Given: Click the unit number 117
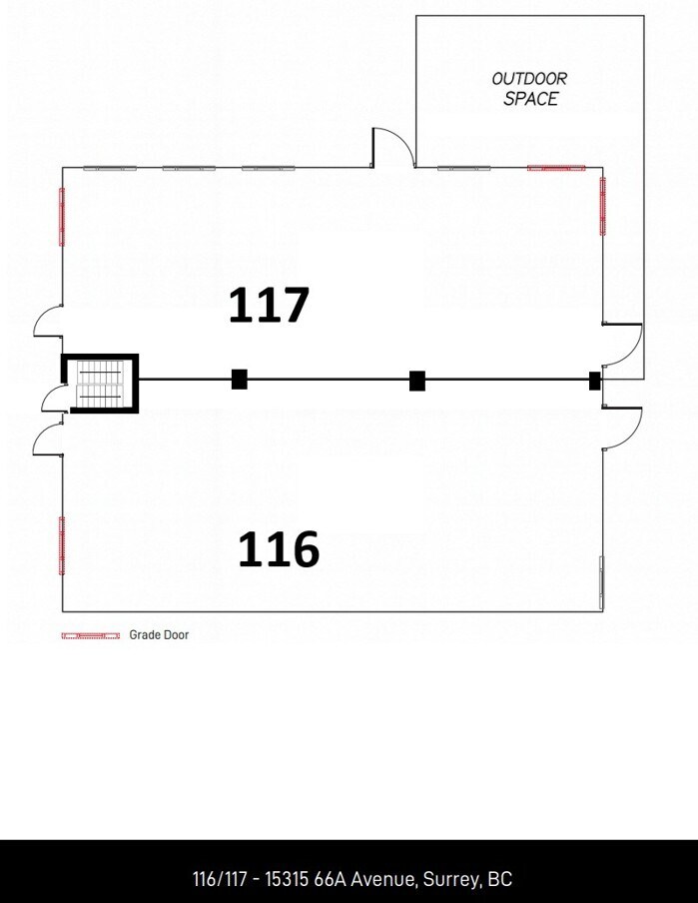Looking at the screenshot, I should pos(269,305).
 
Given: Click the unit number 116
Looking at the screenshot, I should pos(278,549).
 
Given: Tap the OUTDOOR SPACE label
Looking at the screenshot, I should pos(530,89).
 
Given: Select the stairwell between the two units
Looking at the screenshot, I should pos(99,383).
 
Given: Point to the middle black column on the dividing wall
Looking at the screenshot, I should pos(417,380).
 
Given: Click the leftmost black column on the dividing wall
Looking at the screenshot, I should pos(240,379).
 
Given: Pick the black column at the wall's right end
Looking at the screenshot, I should pos(595,380).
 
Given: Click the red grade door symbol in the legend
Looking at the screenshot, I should pos(91,635).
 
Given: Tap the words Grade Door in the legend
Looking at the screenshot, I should pos(159,635).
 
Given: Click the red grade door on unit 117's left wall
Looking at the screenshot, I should pos(62,217).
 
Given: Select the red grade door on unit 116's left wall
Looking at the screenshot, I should pos(62,544).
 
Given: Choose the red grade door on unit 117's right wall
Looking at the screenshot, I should pos(602,206).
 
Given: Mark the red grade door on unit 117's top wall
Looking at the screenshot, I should pos(556,168).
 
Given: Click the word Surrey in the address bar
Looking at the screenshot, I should pos(452,879).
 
